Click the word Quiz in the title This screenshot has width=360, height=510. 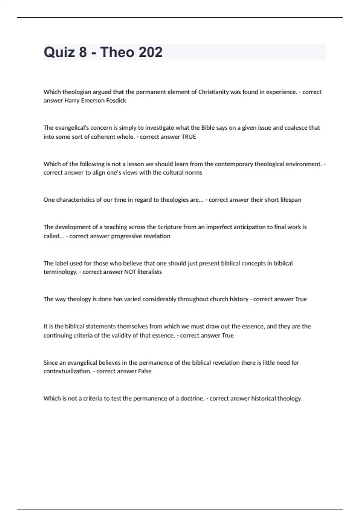click(59, 52)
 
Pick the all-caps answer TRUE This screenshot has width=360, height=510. click(189, 137)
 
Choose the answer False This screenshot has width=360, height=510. click(145, 371)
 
